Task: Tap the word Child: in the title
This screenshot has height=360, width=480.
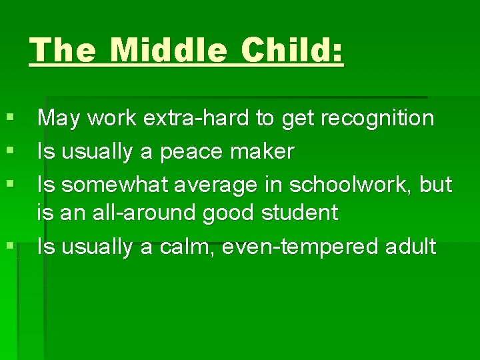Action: (293, 51)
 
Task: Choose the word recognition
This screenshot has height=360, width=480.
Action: (377, 119)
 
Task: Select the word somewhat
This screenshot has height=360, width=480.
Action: (108, 183)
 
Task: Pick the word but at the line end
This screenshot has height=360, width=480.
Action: (436, 183)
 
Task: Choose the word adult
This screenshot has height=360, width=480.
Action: (411, 247)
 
